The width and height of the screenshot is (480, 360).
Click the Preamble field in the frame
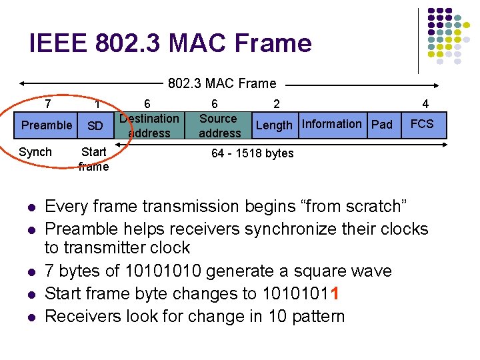(47, 125)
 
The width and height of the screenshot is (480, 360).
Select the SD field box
(95, 126)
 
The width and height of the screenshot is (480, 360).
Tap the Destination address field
(149, 125)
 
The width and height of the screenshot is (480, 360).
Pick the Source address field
(219, 125)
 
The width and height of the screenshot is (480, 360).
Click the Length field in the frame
(274, 125)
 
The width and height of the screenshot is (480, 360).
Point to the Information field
(331, 124)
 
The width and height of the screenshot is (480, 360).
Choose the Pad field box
(382, 125)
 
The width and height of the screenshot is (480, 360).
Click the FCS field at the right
(422, 124)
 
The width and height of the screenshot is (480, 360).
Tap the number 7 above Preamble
(48, 104)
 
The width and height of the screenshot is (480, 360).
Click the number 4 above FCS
(425, 104)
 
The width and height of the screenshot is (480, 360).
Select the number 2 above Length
(277, 104)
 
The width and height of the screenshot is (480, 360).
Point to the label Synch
(35, 152)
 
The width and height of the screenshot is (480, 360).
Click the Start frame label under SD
(93, 159)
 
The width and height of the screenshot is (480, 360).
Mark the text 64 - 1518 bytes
(252, 153)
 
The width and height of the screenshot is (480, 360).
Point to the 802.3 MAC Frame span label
(222, 83)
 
